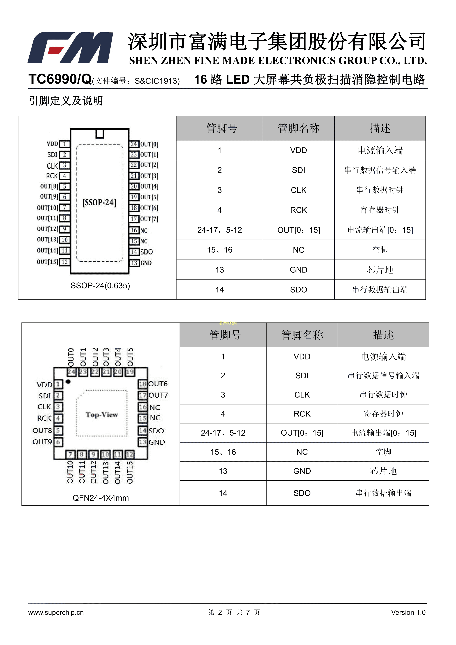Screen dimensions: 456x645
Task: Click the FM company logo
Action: click(70, 48)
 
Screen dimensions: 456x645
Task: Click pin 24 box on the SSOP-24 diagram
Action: click(134, 144)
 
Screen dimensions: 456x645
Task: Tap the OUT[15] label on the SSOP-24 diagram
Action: click(47, 262)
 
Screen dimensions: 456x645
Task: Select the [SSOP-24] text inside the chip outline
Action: click(99, 203)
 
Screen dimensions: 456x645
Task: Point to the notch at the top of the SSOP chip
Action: click(100, 134)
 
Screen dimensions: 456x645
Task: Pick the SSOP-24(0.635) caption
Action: click(100, 286)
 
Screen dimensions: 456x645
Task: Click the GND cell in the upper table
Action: click(298, 270)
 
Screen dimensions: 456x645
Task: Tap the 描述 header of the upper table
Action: click(380, 128)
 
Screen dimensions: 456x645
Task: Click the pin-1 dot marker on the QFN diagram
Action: click(68, 382)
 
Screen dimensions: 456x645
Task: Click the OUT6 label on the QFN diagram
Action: click(158, 384)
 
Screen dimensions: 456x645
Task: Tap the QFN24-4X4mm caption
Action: click(101, 498)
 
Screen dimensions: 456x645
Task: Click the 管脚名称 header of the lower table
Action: click(302, 335)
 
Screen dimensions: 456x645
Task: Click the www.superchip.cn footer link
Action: click(56, 612)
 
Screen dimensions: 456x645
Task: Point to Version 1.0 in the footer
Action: click(408, 612)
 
